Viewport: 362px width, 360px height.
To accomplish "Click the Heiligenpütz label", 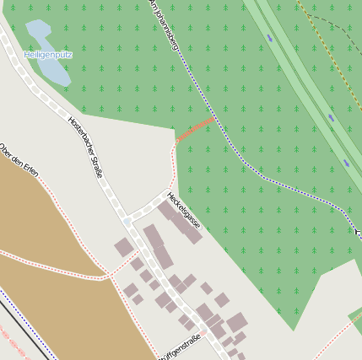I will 48,55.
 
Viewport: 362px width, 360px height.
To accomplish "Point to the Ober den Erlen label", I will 19,160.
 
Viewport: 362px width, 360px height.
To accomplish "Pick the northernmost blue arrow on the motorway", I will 270,38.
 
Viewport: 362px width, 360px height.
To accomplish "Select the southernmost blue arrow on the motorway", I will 347,163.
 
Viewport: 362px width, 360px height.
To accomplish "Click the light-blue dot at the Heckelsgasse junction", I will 127,221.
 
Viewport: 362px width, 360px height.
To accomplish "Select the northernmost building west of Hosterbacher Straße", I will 124,247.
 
